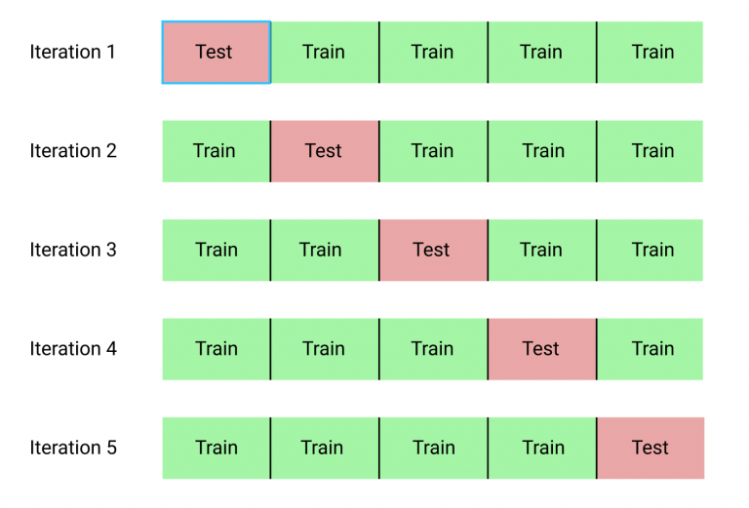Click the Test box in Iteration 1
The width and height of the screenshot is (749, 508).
[217, 53]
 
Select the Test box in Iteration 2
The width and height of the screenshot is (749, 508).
[325, 151]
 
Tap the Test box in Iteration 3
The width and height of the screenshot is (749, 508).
[434, 251]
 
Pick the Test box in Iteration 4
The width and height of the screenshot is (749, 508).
[542, 349]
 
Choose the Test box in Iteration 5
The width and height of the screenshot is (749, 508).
[650, 449]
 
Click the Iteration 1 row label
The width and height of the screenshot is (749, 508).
[72, 52]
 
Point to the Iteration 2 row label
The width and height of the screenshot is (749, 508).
[73, 151]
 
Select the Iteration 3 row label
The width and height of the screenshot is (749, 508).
[73, 250]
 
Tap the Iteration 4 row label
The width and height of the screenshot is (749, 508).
[73, 348]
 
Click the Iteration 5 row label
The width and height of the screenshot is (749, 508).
[73, 448]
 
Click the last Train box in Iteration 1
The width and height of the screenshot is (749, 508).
[650, 53]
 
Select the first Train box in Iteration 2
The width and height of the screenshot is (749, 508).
[217, 151]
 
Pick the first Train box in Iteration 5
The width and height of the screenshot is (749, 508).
[217, 449]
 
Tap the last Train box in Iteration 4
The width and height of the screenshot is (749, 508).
[650, 349]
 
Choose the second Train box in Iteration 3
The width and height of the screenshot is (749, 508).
[325, 251]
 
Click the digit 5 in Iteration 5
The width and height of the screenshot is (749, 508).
[111, 448]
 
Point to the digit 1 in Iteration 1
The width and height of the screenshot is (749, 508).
[111, 52]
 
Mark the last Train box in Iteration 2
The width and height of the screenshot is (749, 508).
[650, 151]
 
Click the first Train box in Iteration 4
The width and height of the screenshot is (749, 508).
[217, 349]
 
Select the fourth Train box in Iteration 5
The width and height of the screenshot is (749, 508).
[542, 449]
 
